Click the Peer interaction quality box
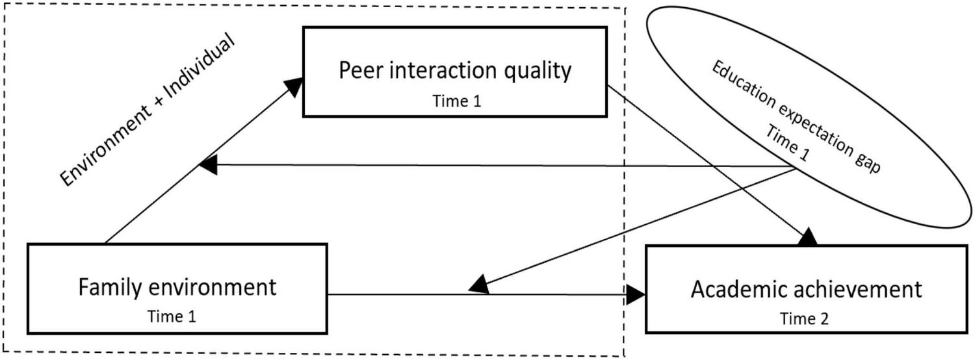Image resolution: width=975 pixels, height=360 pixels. [x=454, y=71]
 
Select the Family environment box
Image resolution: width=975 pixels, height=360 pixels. [x=177, y=295]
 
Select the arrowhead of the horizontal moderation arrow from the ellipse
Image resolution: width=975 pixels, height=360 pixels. [x=208, y=164]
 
